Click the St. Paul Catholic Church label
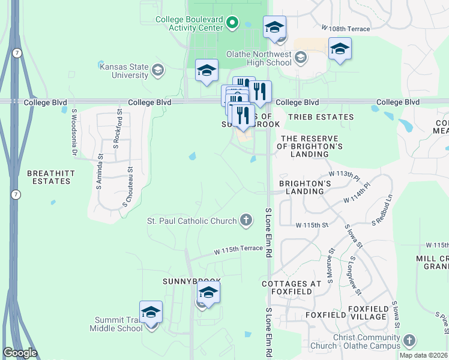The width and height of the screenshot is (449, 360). coord(192,221)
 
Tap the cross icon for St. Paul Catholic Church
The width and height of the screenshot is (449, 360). coord(246,221)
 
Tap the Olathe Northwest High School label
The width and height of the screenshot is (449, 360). coord(259,58)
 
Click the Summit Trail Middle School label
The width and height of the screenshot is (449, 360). coord(116,324)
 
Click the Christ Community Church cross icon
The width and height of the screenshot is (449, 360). coord(409,341)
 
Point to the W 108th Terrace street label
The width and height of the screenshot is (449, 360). coord(346,28)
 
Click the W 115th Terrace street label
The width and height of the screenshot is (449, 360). coord(239,248)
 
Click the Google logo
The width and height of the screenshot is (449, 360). coord(20,353)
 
